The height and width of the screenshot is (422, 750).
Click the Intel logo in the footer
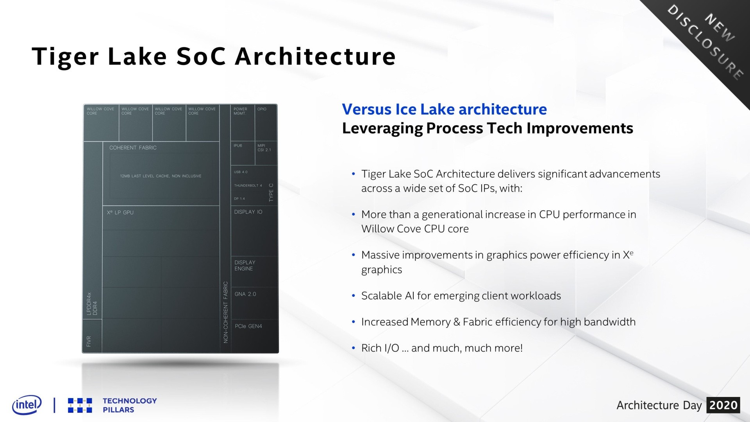pos(27,404)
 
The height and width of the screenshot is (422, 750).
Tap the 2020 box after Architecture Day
pos(723,405)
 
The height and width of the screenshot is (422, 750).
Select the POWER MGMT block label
pos(240,111)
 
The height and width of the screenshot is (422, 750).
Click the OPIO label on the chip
pos(262,109)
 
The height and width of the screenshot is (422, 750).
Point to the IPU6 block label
pos(238,145)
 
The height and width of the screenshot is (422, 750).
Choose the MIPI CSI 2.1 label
pos(264,147)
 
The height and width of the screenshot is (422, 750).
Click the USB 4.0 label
pos(241,172)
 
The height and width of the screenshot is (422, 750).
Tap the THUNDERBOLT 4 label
pos(248,185)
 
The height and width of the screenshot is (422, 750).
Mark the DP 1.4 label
pos(239,199)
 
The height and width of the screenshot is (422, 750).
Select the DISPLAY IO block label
pos(248,212)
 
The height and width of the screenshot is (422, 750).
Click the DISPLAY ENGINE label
pos(245,266)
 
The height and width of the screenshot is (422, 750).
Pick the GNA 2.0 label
pos(245,294)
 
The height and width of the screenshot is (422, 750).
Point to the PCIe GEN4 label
pos(248,326)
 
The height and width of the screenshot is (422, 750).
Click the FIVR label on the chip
pos(89,341)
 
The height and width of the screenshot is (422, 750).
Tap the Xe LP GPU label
pos(120,212)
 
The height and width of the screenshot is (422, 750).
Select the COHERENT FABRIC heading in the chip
pos(133,148)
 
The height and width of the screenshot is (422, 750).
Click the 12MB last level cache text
pos(161,176)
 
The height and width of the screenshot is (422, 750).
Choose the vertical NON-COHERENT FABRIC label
pos(225,312)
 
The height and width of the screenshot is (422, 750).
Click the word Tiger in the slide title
pos(65,57)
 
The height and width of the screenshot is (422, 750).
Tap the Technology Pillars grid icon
pos(80,405)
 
